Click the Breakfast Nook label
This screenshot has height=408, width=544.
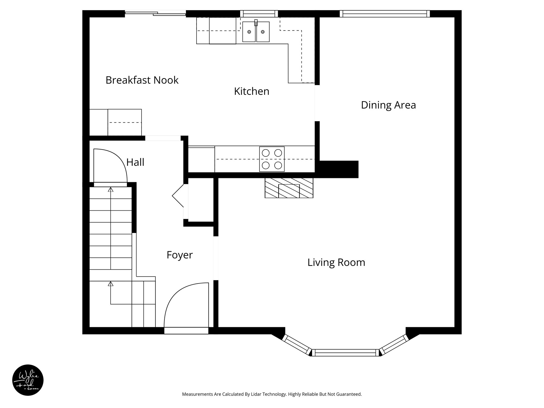click(x=142, y=80)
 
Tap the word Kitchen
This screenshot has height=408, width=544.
click(x=252, y=91)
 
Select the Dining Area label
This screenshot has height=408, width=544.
click(x=388, y=105)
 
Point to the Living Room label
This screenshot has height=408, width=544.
click(x=336, y=262)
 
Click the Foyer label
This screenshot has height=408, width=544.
click(x=180, y=255)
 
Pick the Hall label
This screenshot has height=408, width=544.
click(x=135, y=162)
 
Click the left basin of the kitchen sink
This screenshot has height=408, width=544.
click(x=249, y=32)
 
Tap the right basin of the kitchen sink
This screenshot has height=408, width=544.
click(x=263, y=32)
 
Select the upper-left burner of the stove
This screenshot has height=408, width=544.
click(x=266, y=153)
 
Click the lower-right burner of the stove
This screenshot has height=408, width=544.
click(x=278, y=165)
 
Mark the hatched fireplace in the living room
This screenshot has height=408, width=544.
click(x=289, y=188)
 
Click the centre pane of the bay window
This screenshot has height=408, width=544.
click(x=345, y=352)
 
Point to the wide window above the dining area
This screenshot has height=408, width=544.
click(x=385, y=14)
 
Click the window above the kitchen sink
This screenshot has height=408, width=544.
click(x=259, y=14)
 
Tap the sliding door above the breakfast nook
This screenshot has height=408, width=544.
click(x=155, y=13)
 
